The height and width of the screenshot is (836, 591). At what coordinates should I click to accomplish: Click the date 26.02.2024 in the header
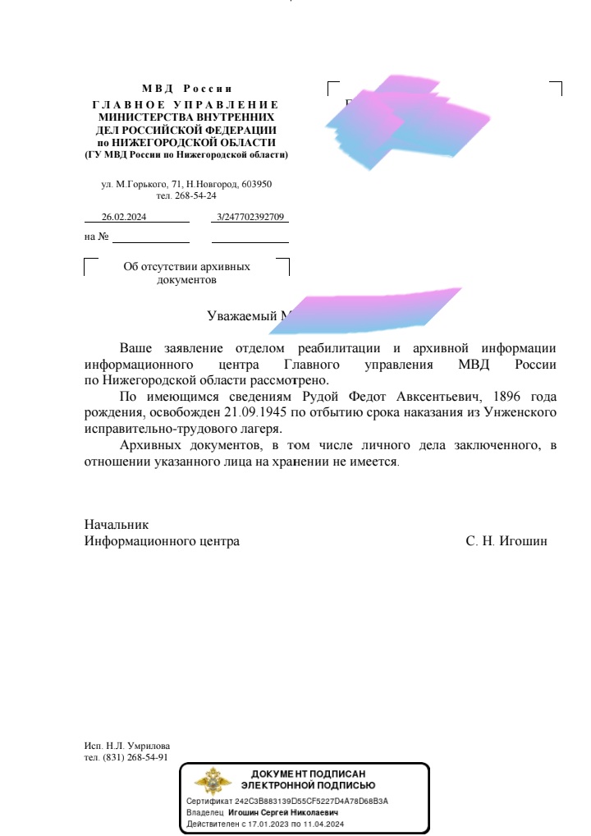coord(123,217)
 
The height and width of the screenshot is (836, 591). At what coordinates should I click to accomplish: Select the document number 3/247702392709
coord(250,217)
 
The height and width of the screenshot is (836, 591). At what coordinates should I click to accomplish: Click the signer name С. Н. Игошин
coord(506,541)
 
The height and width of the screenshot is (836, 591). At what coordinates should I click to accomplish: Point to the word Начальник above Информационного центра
coord(117,524)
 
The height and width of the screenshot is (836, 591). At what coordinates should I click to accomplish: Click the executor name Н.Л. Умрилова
coord(138,746)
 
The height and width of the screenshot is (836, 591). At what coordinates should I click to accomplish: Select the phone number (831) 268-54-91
coord(135,757)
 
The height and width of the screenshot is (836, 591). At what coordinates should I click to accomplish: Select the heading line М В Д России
coord(186,88)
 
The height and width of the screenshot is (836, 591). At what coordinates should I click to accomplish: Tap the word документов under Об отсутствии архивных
coord(186,279)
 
